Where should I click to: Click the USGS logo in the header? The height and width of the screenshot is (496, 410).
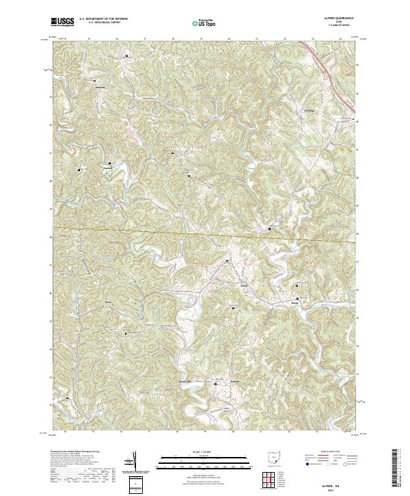coord(63,22)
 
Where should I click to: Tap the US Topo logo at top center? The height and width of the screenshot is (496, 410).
coord(205,23)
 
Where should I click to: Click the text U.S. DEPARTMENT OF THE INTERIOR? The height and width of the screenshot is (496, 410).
coord(104,18)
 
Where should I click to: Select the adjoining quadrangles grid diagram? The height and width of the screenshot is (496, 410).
coord(274,479)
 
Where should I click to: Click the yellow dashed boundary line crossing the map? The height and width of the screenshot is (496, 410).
coord(205,235)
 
